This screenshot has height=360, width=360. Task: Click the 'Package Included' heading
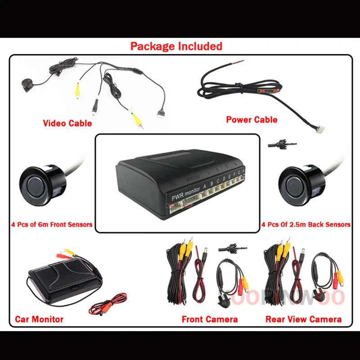point(176,46)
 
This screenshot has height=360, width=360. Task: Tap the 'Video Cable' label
point(67,123)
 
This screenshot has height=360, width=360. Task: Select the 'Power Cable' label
point(252,120)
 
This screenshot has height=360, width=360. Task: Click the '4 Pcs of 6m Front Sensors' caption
point(52,224)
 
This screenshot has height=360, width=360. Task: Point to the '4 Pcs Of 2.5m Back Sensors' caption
point(306,224)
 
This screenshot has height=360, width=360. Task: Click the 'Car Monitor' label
point(39,319)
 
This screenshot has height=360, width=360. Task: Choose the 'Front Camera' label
point(210,319)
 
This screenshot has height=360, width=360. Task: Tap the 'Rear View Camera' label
point(303,319)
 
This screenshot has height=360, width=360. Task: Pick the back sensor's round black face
point(298,185)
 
